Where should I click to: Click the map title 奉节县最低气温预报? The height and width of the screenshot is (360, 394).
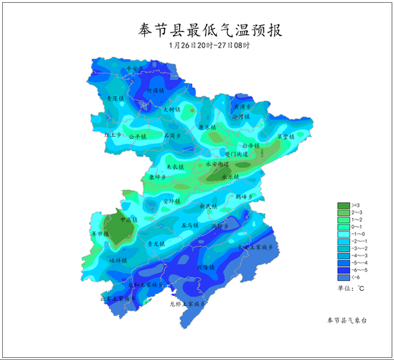click(210, 30)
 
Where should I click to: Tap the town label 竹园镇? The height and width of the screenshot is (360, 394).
click(156, 91)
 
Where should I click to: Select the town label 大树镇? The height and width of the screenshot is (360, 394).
click(172, 110)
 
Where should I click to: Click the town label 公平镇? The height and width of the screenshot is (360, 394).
click(138, 136)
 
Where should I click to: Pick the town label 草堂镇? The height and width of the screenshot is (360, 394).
click(286, 136)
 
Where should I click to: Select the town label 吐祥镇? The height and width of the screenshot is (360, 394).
click(117, 260)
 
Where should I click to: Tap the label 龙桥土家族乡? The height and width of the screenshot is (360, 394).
click(187, 305)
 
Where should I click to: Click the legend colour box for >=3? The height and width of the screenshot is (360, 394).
click(343, 205)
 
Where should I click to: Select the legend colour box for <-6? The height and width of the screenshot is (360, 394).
click(343, 277)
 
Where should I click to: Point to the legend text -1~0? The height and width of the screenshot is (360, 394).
click(358, 234)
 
